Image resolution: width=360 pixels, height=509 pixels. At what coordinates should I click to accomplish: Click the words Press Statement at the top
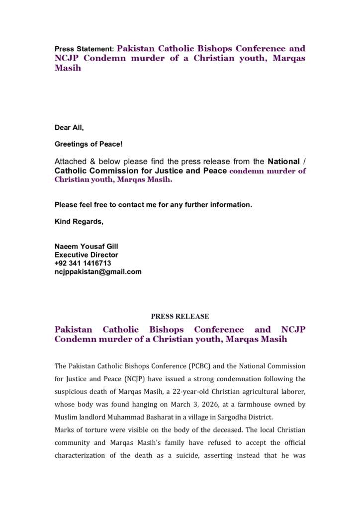[x=84, y=49]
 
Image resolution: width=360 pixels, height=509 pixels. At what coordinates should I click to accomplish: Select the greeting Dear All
[x=69, y=128]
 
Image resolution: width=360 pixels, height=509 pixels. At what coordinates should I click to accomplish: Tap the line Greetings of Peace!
[x=88, y=144]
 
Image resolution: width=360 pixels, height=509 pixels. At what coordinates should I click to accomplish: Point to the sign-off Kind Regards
[x=79, y=222]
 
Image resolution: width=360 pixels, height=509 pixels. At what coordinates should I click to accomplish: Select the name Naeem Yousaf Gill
[x=86, y=247]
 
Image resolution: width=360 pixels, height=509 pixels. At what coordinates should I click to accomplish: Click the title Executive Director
[x=86, y=255]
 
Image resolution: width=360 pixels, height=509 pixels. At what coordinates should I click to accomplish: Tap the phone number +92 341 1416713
[x=83, y=263]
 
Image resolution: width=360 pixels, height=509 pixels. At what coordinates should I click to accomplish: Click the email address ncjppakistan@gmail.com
[x=98, y=272]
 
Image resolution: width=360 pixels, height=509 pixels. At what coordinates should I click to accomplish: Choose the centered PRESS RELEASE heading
[x=180, y=317]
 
